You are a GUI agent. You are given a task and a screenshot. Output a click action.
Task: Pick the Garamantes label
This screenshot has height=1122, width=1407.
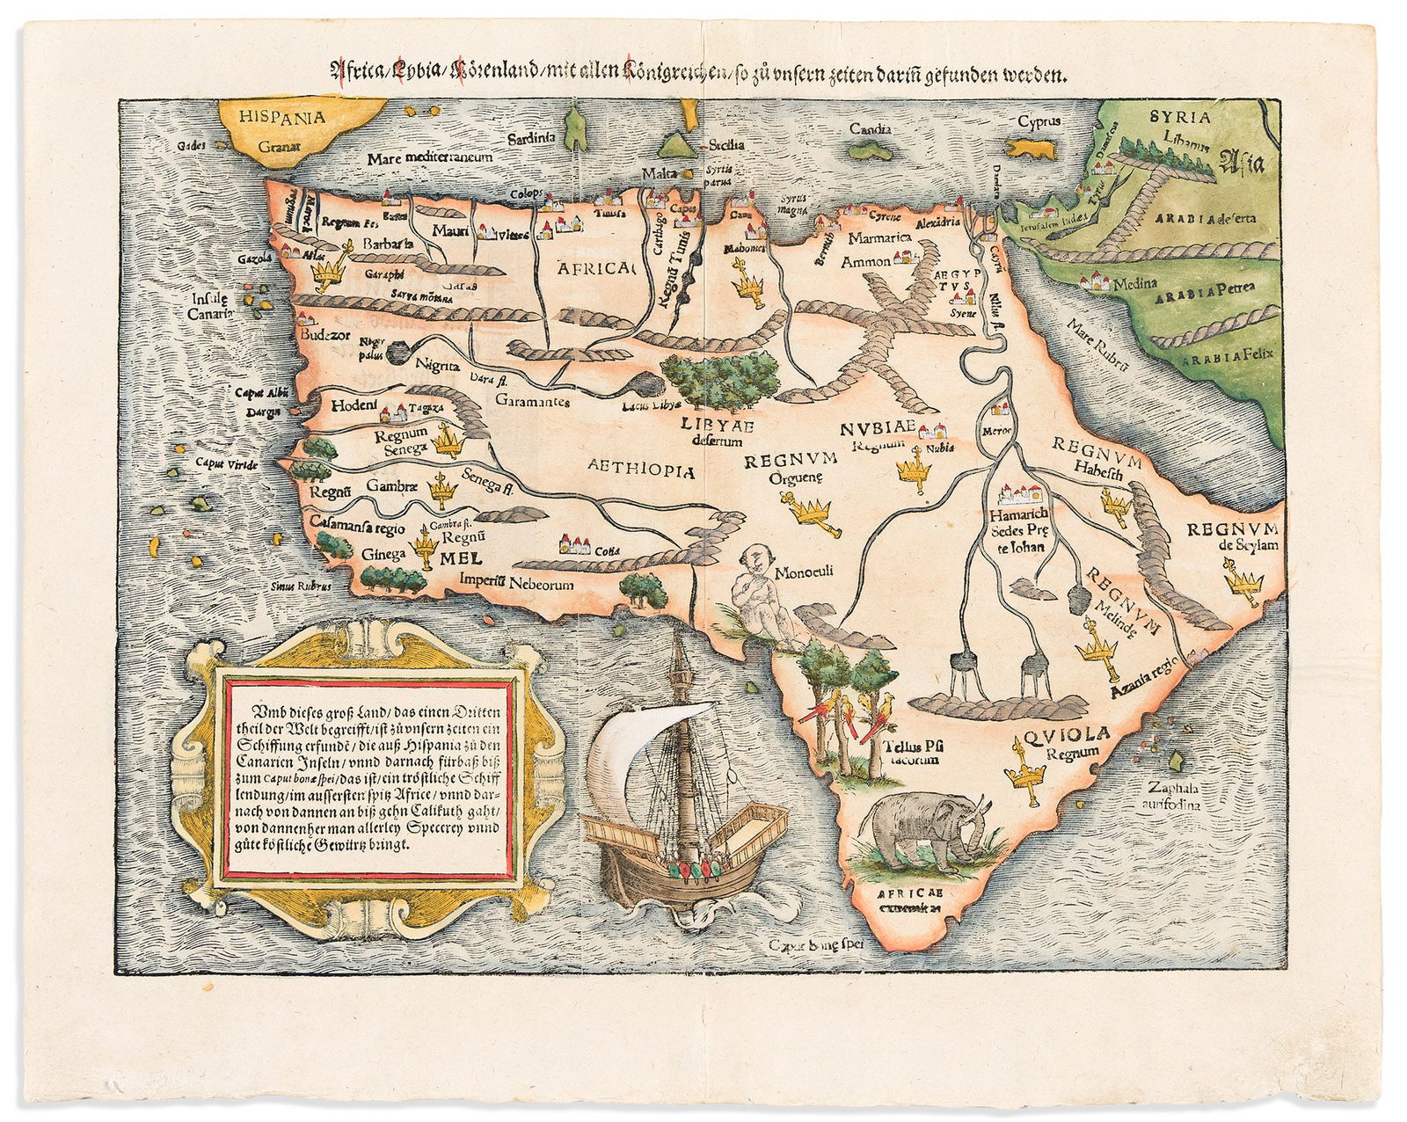(532, 402)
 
